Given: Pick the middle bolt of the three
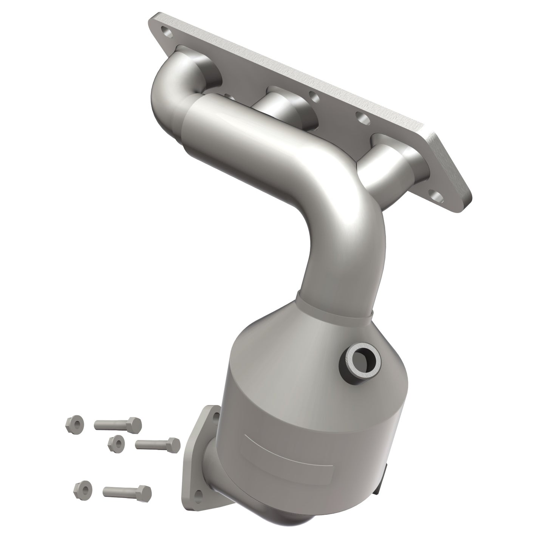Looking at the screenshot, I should [x=158, y=444].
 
